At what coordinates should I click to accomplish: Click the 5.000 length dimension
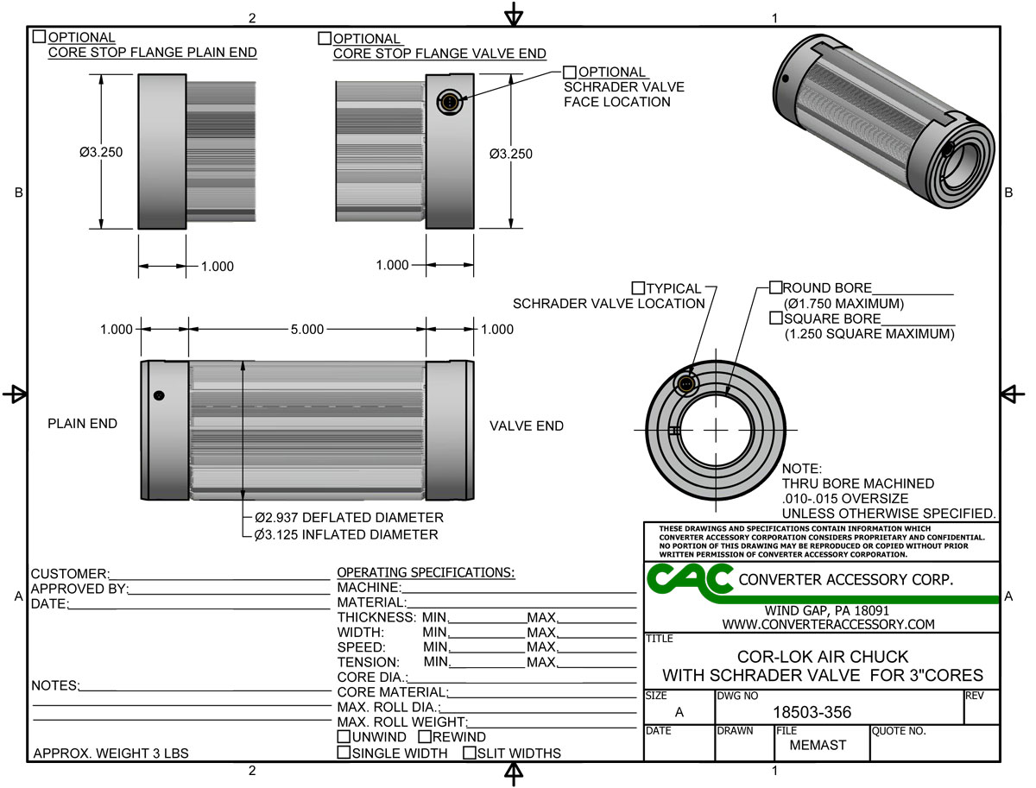click(x=306, y=330)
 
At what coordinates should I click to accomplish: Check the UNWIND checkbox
click(x=344, y=737)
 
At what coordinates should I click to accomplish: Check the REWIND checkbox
click(x=425, y=737)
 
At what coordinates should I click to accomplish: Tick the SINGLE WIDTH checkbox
click(x=344, y=753)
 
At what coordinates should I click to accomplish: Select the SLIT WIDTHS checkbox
click(x=470, y=753)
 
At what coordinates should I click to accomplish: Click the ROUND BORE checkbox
click(x=775, y=287)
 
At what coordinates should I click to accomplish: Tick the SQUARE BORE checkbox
click(x=775, y=318)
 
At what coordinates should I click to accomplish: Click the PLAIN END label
click(x=82, y=424)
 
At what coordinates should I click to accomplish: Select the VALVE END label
click(x=527, y=426)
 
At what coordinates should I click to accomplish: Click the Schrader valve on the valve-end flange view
click(x=449, y=103)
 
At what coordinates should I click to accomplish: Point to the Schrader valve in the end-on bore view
click(x=686, y=383)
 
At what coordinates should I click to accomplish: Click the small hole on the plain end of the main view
click(x=158, y=395)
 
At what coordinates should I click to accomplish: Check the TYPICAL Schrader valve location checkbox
click(x=639, y=287)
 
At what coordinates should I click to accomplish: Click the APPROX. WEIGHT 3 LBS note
click(x=111, y=753)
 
